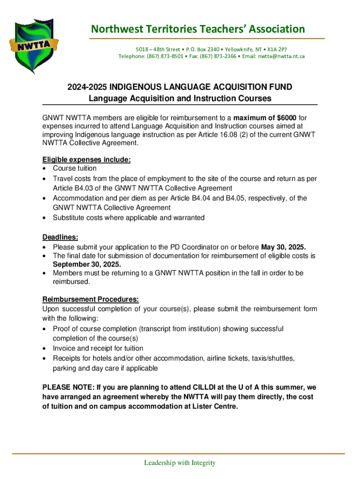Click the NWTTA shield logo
tap(35, 45)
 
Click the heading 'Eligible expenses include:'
tap(86, 160)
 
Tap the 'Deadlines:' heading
tap(60, 237)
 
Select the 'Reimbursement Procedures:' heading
tap(91, 299)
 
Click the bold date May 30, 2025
tap(283, 247)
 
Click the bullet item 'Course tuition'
tap(75, 168)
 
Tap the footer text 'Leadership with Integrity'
tap(180, 463)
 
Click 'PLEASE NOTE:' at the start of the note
tap(67, 387)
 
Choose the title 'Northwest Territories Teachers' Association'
tap(198, 29)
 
